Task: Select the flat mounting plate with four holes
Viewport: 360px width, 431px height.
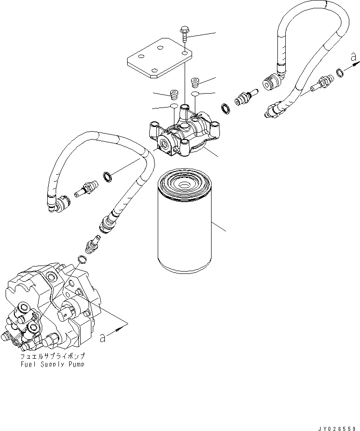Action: pyautogui.click(x=158, y=59)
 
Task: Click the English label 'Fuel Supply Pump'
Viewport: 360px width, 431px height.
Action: pyautogui.click(x=53, y=364)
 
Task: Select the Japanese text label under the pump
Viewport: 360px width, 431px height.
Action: pyautogui.click(x=53, y=357)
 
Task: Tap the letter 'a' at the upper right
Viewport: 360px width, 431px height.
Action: pyautogui.click(x=353, y=58)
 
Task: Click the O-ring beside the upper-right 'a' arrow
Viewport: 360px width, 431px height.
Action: pyautogui.click(x=340, y=72)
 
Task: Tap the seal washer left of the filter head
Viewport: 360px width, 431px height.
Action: pyautogui.click(x=107, y=176)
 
